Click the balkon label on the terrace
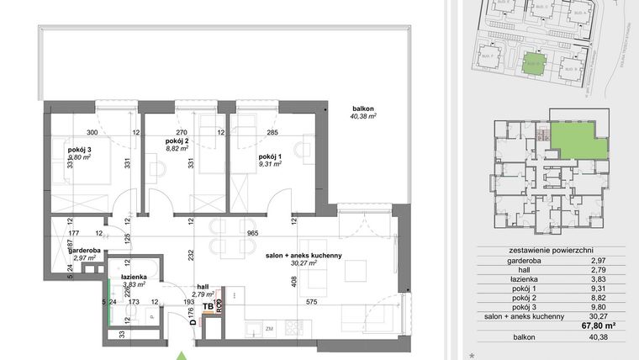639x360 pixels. pyautogui.click(x=363, y=109)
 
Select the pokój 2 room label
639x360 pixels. pyautogui.click(x=176, y=140)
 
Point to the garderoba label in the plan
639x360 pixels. pyautogui.click(x=86, y=250)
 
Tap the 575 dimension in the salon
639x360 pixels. pyautogui.click(x=310, y=299)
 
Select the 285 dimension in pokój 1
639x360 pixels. pyautogui.click(x=272, y=132)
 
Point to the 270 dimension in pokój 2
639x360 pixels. pyautogui.click(x=179, y=132)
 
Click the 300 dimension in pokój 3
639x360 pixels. pyautogui.click(x=92, y=132)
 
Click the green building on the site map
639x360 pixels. pyautogui.click(x=532, y=63)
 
